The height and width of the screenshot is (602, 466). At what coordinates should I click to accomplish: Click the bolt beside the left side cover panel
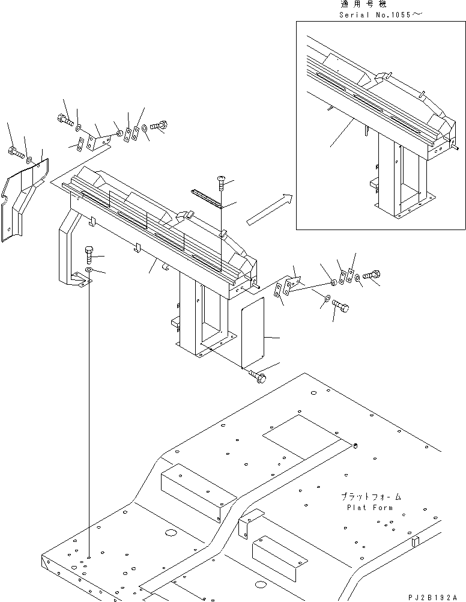[14, 152]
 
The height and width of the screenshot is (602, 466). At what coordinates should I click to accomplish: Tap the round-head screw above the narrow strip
[221, 180]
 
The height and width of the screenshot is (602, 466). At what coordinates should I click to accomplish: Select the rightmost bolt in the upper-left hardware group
[159, 127]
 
